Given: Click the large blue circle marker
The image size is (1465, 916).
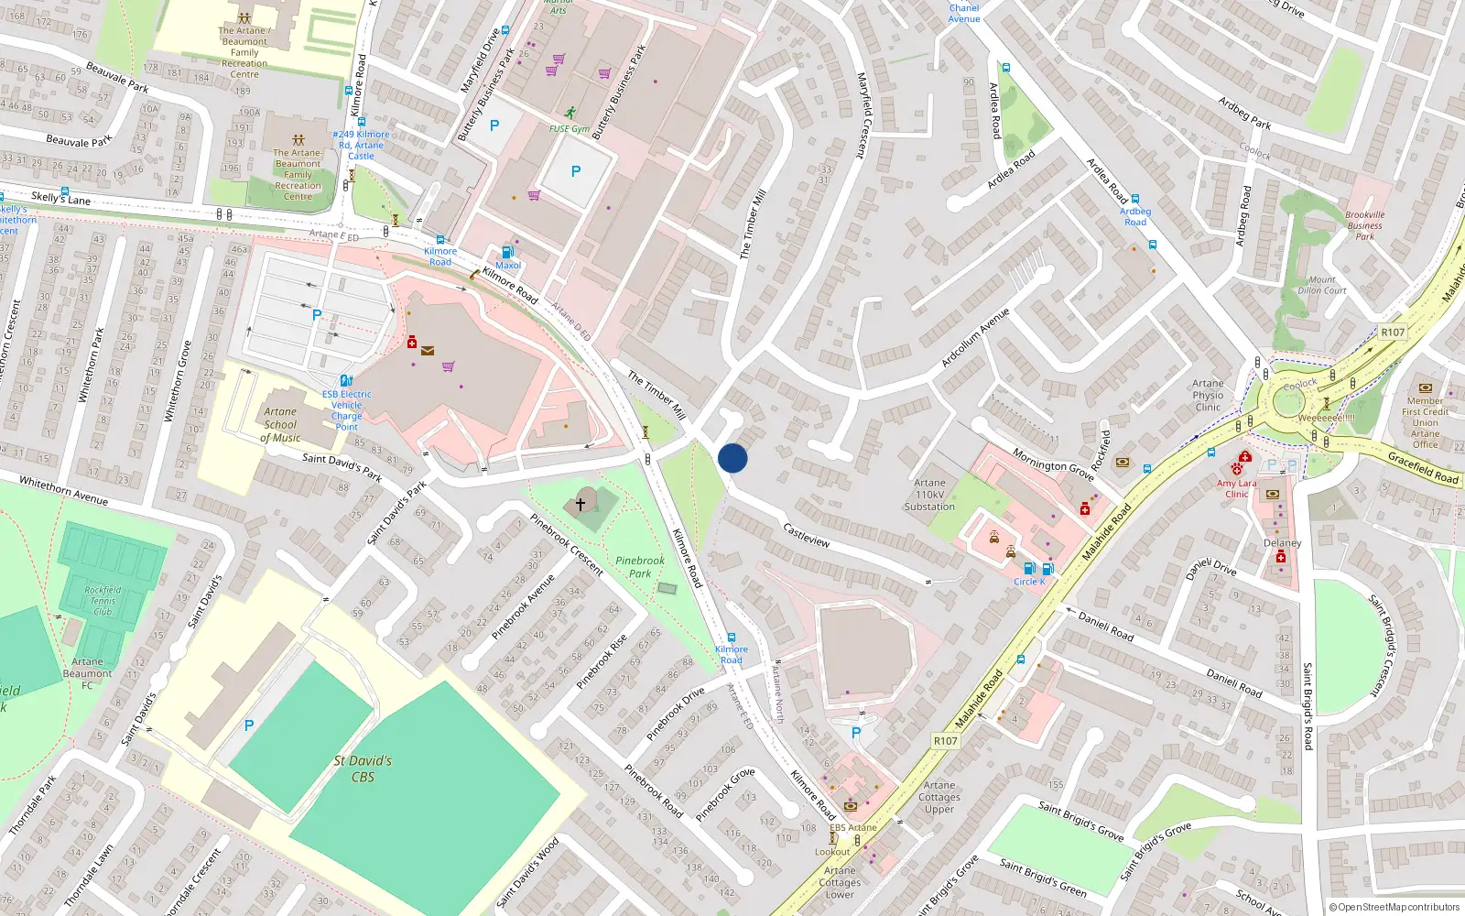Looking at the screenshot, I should tap(732, 458).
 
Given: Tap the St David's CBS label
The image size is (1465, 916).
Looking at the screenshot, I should tap(363, 769).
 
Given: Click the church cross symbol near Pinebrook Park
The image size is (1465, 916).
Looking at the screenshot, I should tap(580, 504).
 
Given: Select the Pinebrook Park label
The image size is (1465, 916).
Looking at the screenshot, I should tap(640, 566).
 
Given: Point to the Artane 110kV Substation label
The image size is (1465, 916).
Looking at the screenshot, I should tap(929, 495).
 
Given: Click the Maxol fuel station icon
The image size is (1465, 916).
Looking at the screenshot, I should tap(507, 252).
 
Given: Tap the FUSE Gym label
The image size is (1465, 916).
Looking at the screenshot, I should tap(570, 129).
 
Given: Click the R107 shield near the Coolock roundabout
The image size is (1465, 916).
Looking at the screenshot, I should tap(1393, 332).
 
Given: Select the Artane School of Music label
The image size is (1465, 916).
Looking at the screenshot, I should tap(280, 425).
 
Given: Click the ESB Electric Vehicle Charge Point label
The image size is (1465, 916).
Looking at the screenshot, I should tap(347, 410).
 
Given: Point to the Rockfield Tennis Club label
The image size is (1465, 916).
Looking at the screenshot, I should tap(103, 601).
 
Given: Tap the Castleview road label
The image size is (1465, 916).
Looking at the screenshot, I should tap(807, 536).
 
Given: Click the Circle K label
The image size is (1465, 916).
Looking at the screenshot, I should tap(1029, 582).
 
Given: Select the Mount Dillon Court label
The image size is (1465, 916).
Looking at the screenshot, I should tap(1321, 285).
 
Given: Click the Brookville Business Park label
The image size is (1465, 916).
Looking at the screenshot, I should tap(1364, 225).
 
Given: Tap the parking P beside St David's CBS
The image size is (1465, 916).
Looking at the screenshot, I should tap(249, 725).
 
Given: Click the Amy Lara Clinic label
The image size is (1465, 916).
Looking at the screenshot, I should tap(1237, 488).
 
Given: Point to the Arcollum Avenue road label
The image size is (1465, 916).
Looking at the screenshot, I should tap(975, 337).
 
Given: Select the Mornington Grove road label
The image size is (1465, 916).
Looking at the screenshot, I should tap(1053, 464).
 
